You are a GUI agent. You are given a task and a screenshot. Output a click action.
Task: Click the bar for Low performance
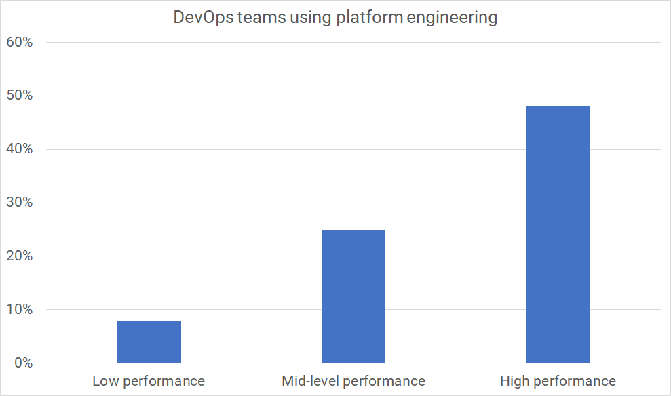pyautogui.click(x=149, y=342)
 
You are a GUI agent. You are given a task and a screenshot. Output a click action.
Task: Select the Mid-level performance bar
pyautogui.click(x=353, y=296)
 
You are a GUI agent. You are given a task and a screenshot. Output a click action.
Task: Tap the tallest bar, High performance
pyautogui.click(x=558, y=235)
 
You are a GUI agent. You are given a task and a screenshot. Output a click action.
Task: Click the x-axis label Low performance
pyautogui.click(x=149, y=381)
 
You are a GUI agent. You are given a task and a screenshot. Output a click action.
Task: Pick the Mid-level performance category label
pyautogui.click(x=353, y=381)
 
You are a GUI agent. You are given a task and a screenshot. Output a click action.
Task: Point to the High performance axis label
pyautogui.click(x=558, y=381)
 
